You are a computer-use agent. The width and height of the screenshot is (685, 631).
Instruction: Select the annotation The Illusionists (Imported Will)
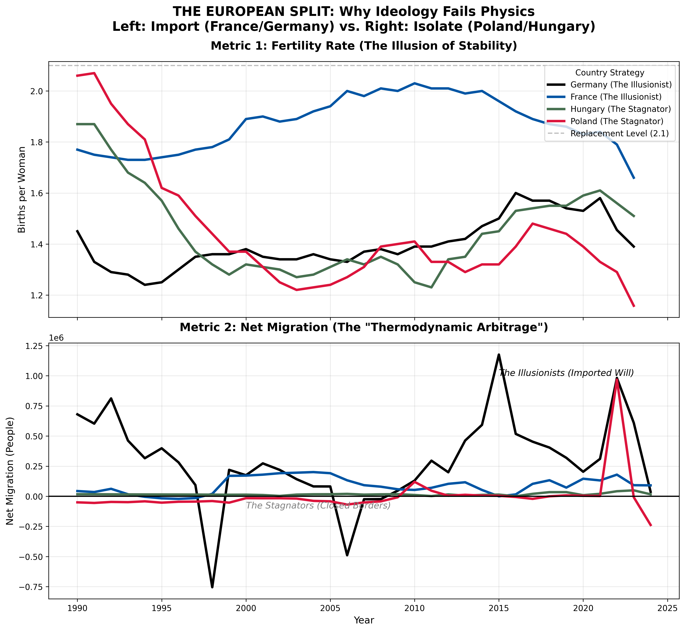[x=566, y=373]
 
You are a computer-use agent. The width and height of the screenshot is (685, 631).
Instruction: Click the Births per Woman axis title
[x=22, y=190]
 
